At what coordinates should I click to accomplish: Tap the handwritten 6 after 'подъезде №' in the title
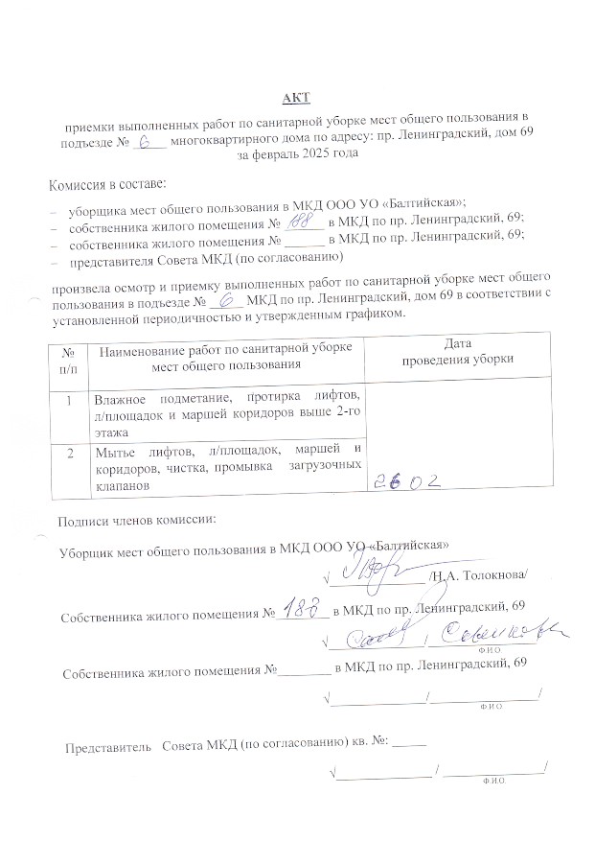[147, 141]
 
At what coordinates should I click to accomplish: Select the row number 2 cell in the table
[69, 453]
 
